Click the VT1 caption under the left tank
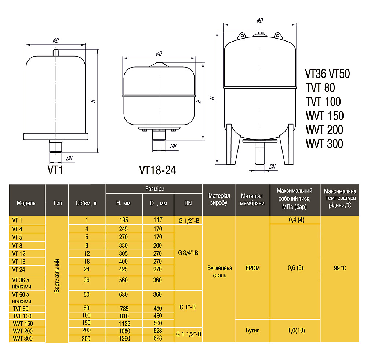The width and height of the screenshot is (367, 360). click(55, 170)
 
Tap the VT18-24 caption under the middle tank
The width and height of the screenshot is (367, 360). click(157, 170)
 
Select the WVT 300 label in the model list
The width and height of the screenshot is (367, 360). click(324, 144)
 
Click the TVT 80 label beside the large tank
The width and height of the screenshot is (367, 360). click(320, 87)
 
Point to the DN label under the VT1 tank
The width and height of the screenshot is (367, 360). click(69, 158)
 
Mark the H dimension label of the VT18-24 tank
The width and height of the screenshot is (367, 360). click(199, 101)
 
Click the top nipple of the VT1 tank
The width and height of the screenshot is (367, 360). click(56, 53)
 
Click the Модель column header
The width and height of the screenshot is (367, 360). click(26, 203)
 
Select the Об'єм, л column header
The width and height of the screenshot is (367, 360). click(86, 203)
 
